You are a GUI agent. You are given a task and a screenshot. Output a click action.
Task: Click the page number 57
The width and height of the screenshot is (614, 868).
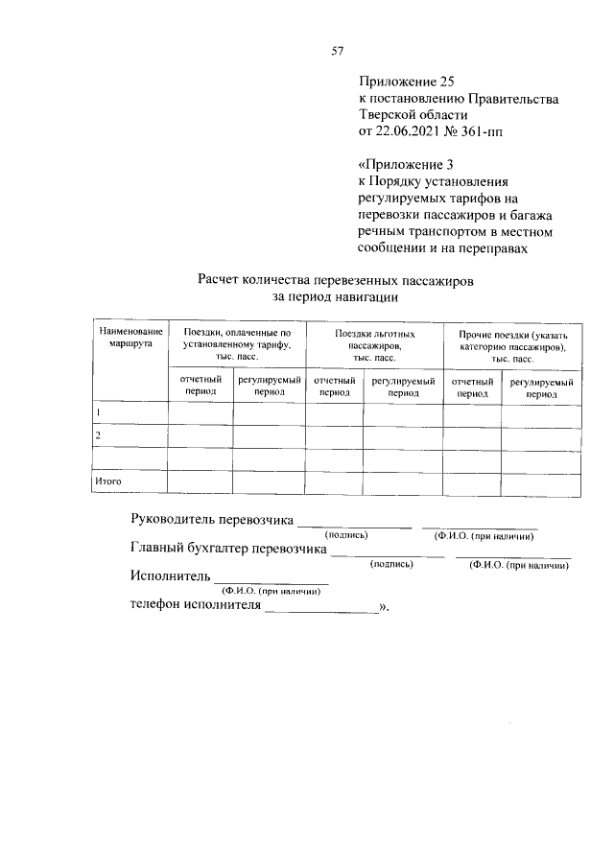tap(338, 51)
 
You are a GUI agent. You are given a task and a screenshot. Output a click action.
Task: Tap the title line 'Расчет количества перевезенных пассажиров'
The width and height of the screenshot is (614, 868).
tap(335, 280)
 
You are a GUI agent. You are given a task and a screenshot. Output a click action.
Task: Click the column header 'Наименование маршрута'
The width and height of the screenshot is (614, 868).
tap(130, 337)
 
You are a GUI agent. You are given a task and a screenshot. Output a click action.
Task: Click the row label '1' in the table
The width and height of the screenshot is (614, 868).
tap(97, 412)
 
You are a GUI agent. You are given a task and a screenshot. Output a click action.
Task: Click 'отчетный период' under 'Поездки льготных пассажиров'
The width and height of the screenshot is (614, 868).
tap(334, 387)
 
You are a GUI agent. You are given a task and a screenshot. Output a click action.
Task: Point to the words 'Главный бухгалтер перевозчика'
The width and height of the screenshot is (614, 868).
tap(227, 550)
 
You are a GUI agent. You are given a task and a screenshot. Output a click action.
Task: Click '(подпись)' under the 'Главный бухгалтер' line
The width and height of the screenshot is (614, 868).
tap(391, 565)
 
